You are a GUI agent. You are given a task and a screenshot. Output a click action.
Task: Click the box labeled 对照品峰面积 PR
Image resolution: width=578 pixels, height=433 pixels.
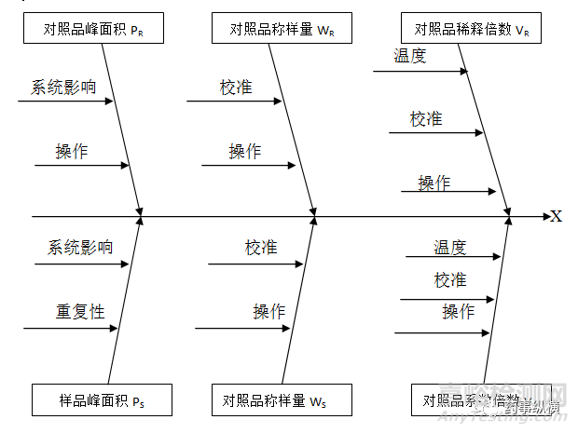pyautogui.click(x=92, y=29)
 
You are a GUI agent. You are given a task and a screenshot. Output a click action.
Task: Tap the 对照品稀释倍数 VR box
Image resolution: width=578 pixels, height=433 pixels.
pyautogui.click(x=472, y=29)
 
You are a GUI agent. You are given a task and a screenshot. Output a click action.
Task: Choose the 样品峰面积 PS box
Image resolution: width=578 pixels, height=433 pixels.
pyautogui.click(x=93, y=400)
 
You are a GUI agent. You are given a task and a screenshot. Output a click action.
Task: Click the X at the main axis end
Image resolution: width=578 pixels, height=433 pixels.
pyautogui.click(x=557, y=216)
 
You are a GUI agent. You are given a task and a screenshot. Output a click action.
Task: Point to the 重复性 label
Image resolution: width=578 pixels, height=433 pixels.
pyautogui.click(x=79, y=311)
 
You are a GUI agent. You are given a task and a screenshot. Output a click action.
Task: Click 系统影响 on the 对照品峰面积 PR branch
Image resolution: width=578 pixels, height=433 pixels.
pyautogui.click(x=63, y=88)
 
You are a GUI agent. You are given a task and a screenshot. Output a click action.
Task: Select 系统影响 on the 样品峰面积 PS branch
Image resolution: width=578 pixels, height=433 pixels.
pyautogui.click(x=80, y=247)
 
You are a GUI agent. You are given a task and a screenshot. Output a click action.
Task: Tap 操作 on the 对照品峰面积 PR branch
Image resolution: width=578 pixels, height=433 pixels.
pyautogui.click(x=72, y=151)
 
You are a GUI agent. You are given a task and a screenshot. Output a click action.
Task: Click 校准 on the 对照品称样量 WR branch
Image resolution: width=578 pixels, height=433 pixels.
pyautogui.click(x=236, y=88)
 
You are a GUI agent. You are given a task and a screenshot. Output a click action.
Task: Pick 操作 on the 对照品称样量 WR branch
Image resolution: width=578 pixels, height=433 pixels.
pyautogui.click(x=245, y=151)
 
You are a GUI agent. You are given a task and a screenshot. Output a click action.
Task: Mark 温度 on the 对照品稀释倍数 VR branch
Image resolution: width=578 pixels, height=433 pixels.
pyautogui.click(x=410, y=56)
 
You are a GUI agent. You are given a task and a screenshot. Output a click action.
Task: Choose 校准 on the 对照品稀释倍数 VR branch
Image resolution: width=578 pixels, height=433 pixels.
pyautogui.click(x=426, y=119)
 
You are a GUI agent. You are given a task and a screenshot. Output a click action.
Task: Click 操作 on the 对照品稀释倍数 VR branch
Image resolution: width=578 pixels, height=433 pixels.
pyautogui.click(x=433, y=183)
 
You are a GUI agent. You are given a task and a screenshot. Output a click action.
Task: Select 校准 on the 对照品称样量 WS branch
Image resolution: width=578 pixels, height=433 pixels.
pyautogui.click(x=261, y=247)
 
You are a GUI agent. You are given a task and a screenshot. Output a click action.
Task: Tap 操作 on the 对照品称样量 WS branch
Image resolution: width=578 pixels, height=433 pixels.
pyautogui.click(x=269, y=311)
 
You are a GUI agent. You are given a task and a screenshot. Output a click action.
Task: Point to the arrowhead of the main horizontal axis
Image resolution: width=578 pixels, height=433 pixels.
pyautogui.click(x=545, y=217)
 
